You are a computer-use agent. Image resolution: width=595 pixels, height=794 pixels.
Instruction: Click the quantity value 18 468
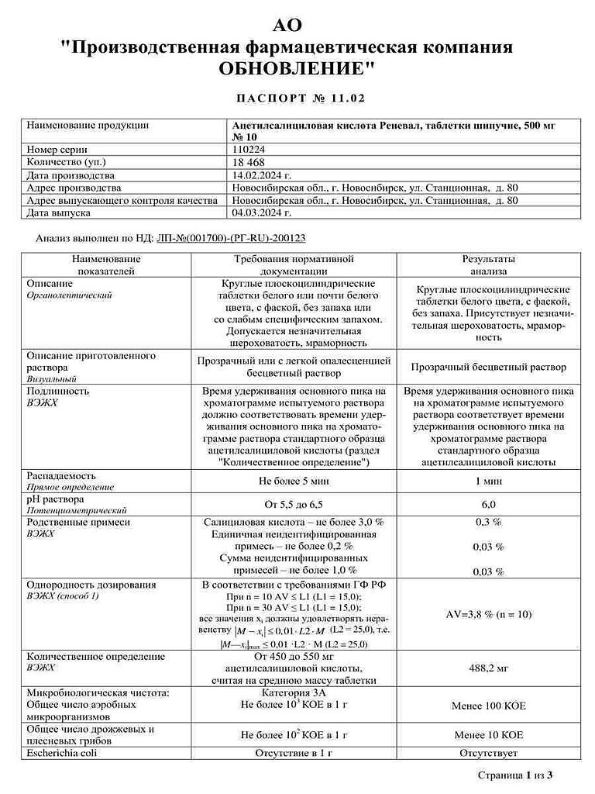pyautogui.click(x=249, y=162)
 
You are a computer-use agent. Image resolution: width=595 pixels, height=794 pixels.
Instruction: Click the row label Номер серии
pyautogui.click(x=57, y=149)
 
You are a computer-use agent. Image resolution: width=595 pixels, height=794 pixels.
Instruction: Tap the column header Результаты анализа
pyautogui.click(x=488, y=265)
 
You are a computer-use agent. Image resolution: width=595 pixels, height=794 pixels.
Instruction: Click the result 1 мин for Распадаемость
pyautogui.click(x=488, y=481)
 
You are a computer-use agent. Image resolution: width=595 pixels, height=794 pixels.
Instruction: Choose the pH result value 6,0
pyautogui.click(x=488, y=504)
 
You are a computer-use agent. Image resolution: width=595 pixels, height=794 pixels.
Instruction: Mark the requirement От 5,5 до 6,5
pyautogui.click(x=294, y=504)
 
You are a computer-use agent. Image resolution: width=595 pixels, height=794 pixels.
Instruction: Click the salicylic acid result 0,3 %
pyautogui.click(x=488, y=523)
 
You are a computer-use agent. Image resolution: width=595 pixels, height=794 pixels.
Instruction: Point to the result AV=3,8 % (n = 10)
pyautogui.click(x=488, y=613)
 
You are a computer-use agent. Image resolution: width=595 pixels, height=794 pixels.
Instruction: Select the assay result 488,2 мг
pyautogui.click(x=488, y=667)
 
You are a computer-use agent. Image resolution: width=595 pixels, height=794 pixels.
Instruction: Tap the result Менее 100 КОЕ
pyautogui.click(x=488, y=706)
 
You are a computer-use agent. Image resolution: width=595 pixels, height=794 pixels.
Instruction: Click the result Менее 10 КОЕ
pyautogui.click(x=488, y=734)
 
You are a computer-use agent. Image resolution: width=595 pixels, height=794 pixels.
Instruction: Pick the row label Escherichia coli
pyautogui.click(x=61, y=752)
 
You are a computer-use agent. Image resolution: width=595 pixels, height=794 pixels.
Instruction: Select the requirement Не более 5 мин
pyautogui.click(x=294, y=481)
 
